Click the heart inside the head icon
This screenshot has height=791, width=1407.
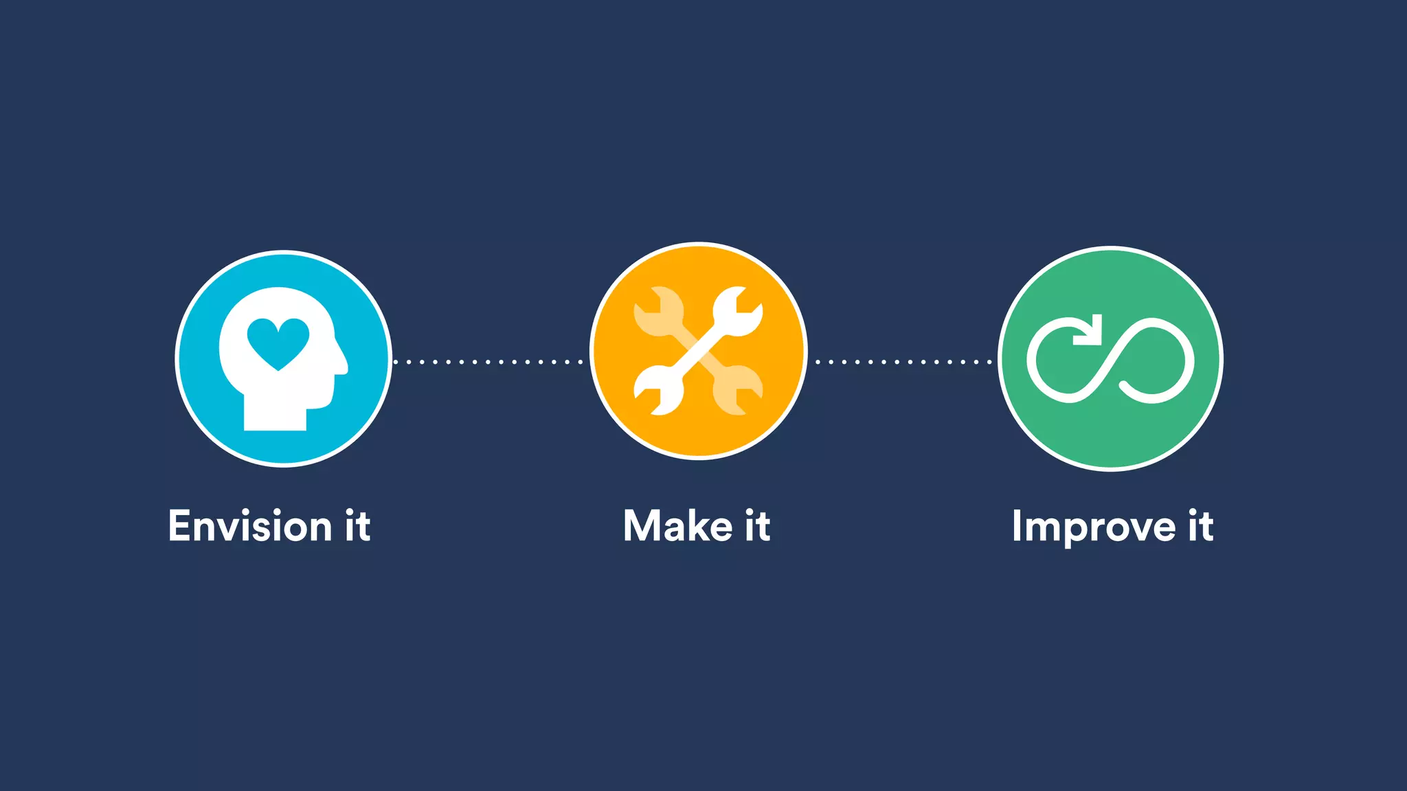278,341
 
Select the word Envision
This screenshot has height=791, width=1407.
250,527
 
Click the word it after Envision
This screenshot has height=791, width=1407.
358,527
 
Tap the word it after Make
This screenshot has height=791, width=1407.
757,527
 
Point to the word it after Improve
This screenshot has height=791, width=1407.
1201,527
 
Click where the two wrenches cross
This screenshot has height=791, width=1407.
698,351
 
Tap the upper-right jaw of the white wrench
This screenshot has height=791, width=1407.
738,311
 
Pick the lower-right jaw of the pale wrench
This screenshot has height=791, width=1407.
738,391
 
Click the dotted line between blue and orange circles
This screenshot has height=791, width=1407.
488,362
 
